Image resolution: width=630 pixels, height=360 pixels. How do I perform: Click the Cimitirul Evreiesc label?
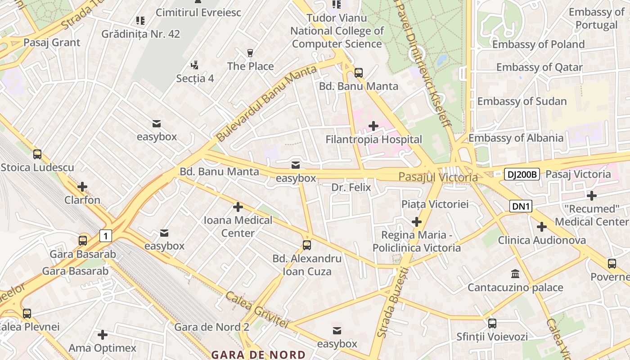pos(198,12)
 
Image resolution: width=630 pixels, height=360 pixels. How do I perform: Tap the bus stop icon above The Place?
pos(251,53)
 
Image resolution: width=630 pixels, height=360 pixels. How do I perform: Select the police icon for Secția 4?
pos(194,65)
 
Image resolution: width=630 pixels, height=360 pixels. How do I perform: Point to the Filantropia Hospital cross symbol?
pos(373,126)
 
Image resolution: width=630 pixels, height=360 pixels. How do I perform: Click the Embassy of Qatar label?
pos(539,67)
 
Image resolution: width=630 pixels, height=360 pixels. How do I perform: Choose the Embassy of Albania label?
pos(516,138)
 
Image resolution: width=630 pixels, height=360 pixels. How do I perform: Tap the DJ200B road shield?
pos(522,175)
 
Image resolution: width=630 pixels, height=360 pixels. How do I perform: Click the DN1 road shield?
pos(521,207)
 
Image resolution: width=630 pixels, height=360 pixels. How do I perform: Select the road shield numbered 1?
pos(106,236)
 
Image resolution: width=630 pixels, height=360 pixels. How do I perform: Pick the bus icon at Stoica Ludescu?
pos(37,154)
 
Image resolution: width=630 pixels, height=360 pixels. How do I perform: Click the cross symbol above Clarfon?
pos(82,187)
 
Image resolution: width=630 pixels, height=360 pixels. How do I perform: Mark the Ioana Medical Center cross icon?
pos(238,207)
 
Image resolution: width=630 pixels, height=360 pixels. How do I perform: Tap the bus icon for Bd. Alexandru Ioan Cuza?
pos(307,245)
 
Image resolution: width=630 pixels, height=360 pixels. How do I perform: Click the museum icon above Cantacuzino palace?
pos(515,274)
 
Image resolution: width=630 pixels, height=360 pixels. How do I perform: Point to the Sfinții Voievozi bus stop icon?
pos(492,323)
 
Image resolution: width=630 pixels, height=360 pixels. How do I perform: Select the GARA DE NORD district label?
pos(258,355)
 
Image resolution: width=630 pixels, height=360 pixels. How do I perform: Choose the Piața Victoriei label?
pos(435,204)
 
